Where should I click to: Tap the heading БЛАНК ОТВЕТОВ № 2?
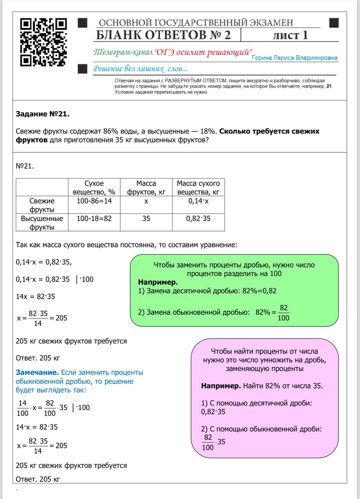(x=163, y=35)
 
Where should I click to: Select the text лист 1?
(x=290, y=35)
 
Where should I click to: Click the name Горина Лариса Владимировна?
(x=294, y=58)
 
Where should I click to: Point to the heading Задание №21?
(x=43, y=114)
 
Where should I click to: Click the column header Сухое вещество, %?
(x=94, y=188)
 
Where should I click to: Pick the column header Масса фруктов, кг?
(x=146, y=188)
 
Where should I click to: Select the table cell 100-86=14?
(x=94, y=201)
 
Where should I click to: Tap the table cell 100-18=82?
(x=94, y=219)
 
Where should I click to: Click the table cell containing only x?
(x=146, y=201)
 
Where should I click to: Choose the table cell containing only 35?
(x=146, y=219)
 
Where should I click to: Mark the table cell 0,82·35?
(x=198, y=219)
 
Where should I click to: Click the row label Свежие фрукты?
(x=42, y=205)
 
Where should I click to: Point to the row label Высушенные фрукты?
(x=42, y=223)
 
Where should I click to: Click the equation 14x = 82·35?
(x=35, y=297)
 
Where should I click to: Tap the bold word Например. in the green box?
(x=158, y=282)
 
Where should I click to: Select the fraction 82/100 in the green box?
(x=284, y=313)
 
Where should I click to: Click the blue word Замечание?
(x=37, y=373)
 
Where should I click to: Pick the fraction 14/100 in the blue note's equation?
(x=23, y=408)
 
